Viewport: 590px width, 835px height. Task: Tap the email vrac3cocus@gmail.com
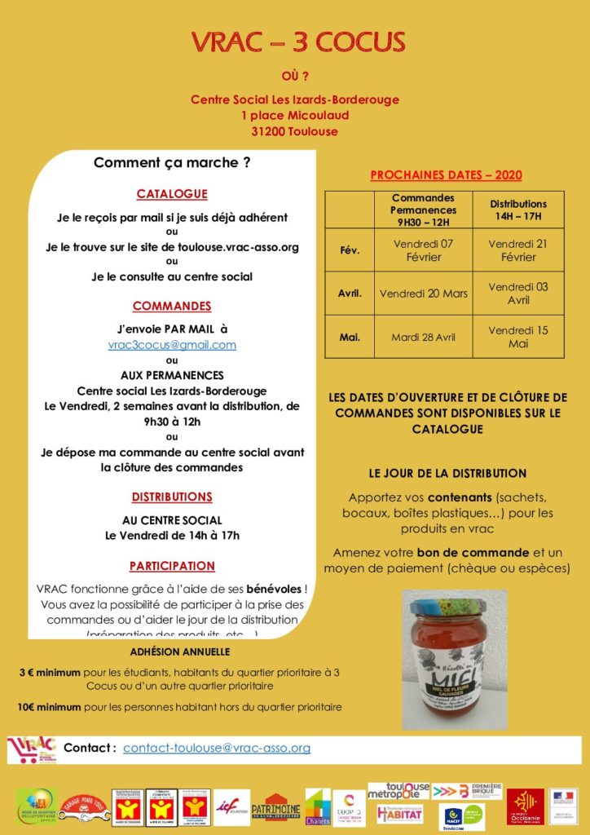[172, 345]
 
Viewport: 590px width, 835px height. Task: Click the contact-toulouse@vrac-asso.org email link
[217, 748]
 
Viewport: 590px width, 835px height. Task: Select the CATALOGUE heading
[172, 194]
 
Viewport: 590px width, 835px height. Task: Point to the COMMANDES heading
[172, 307]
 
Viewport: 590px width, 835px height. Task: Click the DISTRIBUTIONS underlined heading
[172, 497]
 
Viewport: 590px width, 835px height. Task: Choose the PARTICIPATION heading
[172, 566]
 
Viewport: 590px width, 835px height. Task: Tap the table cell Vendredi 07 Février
[423, 250]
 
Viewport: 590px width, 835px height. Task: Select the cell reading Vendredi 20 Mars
[423, 294]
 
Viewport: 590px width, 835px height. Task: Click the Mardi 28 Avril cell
[423, 337]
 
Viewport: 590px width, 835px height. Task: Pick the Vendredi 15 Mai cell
[518, 337]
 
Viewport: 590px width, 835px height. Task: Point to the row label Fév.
[350, 250]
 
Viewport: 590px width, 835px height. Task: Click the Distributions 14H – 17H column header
[518, 210]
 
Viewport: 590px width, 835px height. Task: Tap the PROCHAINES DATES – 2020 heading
[446, 175]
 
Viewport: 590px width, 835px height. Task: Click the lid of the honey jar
[453, 607]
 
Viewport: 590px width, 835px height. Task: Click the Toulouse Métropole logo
[398, 791]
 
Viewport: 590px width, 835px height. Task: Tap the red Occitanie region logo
[525, 806]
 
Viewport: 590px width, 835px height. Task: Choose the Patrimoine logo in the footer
[275, 806]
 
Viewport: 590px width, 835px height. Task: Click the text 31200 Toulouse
[294, 131]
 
